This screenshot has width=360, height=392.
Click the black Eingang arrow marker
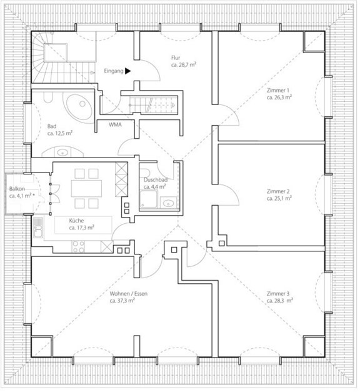tap(127, 71)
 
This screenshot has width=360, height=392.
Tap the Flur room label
tap(176, 58)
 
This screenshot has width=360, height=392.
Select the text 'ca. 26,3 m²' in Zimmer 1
tap(279, 98)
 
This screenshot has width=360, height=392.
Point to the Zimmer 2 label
tap(278, 191)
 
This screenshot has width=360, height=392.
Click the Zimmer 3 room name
tap(278, 293)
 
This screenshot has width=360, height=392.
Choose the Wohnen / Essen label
tap(129, 293)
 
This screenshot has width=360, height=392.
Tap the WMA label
tap(115, 124)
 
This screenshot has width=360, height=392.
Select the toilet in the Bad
tap(47, 98)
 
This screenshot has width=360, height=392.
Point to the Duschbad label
tap(156, 180)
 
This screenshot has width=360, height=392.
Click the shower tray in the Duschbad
tap(149, 199)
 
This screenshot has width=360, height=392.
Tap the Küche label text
tap(76, 221)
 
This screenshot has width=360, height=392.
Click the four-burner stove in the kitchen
tap(78, 246)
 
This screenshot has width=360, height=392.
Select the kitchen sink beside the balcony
tap(38, 227)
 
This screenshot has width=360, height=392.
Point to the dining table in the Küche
tap(86, 188)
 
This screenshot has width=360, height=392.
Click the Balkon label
tap(17, 189)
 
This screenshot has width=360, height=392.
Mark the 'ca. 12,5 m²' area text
tap(60, 133)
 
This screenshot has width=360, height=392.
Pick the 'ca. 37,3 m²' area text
tap(122, 301)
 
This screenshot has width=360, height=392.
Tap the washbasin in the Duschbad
tap(168, 203)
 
